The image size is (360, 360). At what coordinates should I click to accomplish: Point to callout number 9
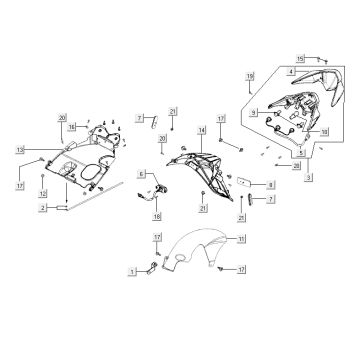pyautogui.click(x=256, y=112)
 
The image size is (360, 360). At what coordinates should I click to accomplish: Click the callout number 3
pyautogui.click(x=309, y=177)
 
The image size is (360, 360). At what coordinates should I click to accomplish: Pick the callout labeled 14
pyautogui.click(x=201, y=131)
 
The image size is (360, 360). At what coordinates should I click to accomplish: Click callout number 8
pyautogui.click(x=271, y=185)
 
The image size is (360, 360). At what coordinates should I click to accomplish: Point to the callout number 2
pyautogui.click(x=44, y=208)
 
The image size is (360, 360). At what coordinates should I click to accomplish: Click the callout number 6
pyautogui.click(x=141, y=173)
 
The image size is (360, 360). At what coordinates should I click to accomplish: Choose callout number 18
pyautogui.click(x=157, y=215)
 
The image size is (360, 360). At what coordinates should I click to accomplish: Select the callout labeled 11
pyautogui.click(x=241, y=240)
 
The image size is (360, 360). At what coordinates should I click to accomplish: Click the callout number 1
pyautogui.click(x=132, y=271)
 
